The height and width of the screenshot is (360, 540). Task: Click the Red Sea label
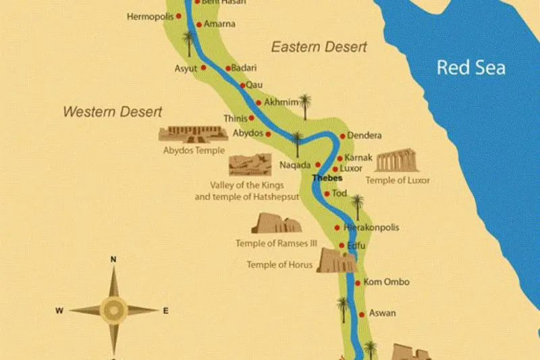click(x=470, y=68)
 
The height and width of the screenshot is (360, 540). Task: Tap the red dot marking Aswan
click(x=362, y=314)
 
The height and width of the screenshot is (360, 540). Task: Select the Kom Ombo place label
click(x=387, y=282)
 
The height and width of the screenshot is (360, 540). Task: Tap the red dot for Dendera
click(x=342, y=136)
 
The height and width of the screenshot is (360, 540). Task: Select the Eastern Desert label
click(x=319, y=47)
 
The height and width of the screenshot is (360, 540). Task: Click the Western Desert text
click(x=113, y=111)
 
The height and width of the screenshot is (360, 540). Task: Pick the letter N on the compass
click(x=114, y=259)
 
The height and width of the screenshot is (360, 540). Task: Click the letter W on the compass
click(x=59, y=311)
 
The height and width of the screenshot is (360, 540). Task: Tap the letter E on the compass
click(x=165, y=311)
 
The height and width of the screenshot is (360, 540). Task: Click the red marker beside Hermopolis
click(x=179, y=16)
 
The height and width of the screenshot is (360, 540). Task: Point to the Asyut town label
click(x=186, y=69)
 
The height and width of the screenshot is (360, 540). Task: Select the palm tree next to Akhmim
click(x=305, y=105)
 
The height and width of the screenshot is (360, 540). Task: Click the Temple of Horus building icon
click(x=336, y=261)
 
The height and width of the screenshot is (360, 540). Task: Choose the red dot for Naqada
click(x=317, y=165)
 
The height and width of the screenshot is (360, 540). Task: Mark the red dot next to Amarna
click(x=198, y=24)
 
